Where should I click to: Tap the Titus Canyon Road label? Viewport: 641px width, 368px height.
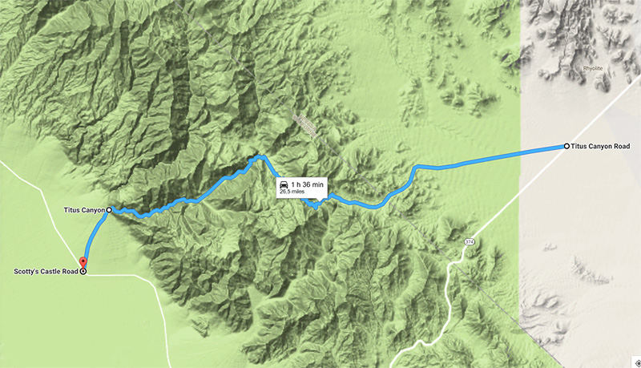coord(600,147)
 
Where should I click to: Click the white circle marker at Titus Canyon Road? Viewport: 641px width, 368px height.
coord(566,146)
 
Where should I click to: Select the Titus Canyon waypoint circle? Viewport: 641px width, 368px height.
coord(110,210)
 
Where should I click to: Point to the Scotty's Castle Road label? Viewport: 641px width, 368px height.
coord(46,271)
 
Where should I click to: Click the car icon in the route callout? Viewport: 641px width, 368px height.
coord(284,185)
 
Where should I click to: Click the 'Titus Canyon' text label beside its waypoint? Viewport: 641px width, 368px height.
coord(84,210)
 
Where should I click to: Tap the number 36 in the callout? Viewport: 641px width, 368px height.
coord(310,185)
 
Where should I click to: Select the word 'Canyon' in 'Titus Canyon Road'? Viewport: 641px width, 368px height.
coord(600,147)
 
